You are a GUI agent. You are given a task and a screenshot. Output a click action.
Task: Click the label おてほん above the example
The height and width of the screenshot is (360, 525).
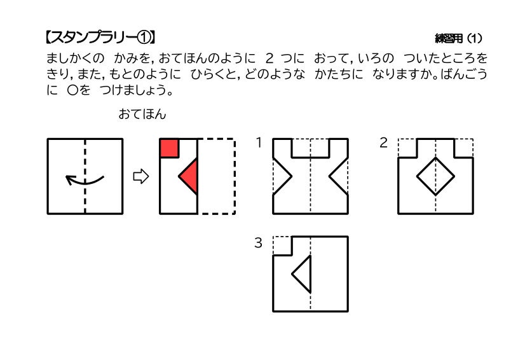click(142, 114)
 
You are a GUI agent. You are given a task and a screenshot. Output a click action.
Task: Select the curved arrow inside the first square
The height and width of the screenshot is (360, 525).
click(85, 180)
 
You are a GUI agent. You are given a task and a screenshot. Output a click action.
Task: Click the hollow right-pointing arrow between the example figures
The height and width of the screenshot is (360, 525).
click(140, 176)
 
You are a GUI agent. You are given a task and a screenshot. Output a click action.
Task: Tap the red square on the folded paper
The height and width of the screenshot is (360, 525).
click(169, 148)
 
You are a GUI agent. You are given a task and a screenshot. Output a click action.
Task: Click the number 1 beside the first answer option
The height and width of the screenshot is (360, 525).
click(259, 142)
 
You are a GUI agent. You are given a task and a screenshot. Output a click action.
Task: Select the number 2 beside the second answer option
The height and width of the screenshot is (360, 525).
click(383, 142)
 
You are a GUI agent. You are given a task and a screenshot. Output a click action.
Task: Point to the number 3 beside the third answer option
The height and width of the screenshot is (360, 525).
click(259, 242)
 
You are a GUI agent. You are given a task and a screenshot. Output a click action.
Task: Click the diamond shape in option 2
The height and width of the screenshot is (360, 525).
click(435, 176)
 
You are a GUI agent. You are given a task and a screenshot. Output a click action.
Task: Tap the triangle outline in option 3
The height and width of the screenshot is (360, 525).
click(303, 274)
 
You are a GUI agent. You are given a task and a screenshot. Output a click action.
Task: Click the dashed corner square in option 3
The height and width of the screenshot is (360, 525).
click(282, 246)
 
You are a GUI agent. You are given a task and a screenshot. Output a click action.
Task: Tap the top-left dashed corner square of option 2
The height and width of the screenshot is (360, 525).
click(407, 148)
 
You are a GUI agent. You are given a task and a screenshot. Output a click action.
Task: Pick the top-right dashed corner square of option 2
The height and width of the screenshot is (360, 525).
click(464, 148)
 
